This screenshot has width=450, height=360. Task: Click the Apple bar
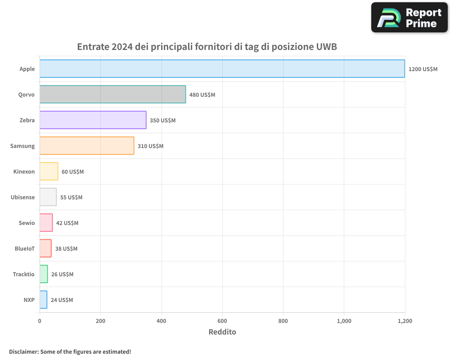click(222, 69)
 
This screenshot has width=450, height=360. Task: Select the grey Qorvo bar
click(112, 94)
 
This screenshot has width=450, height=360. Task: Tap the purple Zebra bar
click(93, 120)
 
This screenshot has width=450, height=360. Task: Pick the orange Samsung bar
click(87, 146)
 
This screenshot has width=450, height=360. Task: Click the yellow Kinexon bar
click(49, 171)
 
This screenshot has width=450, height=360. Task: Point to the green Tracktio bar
click(44, 274)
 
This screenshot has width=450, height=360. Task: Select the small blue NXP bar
click(43, 300)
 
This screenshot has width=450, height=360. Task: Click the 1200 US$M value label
click(423, 69)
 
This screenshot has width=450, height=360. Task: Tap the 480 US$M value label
click(202, 95)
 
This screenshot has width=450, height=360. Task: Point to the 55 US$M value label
click(71, 198)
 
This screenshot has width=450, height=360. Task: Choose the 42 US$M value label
click(67, 223)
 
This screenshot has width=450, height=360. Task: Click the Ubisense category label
click(22, 197)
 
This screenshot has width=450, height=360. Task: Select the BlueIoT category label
click(24, 248)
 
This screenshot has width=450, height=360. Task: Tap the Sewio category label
click(27, 223)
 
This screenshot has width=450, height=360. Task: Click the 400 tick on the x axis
click(162, 321)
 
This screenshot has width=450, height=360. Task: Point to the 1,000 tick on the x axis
click(344, 321)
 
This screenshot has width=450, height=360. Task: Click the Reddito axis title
click(222, 332)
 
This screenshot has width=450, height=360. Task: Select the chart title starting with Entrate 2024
click(207, 47)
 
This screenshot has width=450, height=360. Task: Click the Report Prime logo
click(409, 18)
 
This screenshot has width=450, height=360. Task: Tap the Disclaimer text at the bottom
click(70, 351)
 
